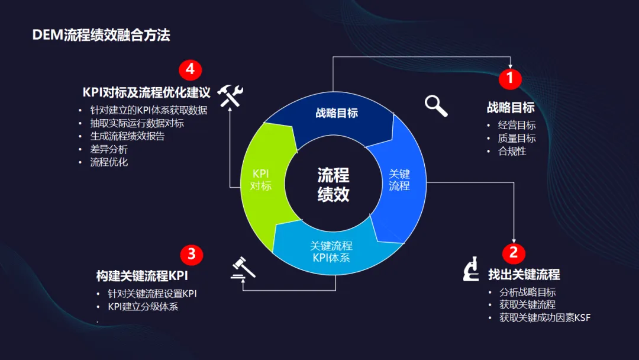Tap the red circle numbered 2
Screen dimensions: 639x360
tap(514, 253)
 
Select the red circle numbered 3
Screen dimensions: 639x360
tap(191, 255)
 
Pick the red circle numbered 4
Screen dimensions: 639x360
tap(190, 69)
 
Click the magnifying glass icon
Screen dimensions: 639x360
tap(436, 105)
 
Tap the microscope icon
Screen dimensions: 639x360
tap(471, 270)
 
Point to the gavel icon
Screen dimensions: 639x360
tap(243, 269)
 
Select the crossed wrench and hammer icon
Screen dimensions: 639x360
tap(230, 95)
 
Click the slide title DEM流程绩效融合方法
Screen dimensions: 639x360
tap(101, 36)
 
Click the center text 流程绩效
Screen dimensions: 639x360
tap(333, 185)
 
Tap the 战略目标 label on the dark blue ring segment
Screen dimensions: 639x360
tap(337, 113)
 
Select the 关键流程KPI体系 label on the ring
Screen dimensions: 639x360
tap(331, 252)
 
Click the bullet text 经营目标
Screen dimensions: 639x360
tap(517, 126)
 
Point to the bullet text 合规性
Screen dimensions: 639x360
tap(512, 151)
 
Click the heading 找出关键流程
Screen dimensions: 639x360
tap(524, 275)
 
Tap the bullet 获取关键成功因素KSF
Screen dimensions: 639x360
tap(545, 318)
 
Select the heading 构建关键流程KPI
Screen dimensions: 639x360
tap(142, 276)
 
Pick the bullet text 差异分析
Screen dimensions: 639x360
tap(109, 149)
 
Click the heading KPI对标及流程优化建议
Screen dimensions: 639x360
tap(146, 92)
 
